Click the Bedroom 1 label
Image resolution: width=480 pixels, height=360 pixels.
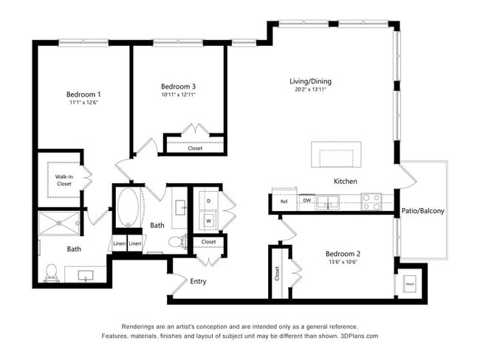click(83, 94)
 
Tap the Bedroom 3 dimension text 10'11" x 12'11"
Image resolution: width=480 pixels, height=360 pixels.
click(178, 94)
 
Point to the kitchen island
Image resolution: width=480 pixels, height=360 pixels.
click(340, 156)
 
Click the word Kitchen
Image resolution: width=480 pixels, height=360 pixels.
click(345, 181)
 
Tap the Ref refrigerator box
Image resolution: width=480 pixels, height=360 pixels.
click(284, 201)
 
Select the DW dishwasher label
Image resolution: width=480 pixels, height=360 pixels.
click(306, 200)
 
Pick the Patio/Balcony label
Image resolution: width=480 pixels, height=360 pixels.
click(422, 211)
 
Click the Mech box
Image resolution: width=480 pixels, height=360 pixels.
click(410, 283)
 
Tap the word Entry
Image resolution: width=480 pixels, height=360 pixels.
click(198, 281)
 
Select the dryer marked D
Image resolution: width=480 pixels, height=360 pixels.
click(208, 201)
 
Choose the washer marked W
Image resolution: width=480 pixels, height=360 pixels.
click(208, 220)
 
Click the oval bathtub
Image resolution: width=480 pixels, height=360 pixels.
click(128, 209)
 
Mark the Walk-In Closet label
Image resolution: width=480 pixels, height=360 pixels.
click(64, 180)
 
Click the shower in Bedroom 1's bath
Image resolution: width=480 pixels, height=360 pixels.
click(60, 224)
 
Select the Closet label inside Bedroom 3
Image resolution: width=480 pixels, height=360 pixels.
click(195, 148)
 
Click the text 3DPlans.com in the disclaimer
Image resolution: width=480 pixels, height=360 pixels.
click(357, 336)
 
